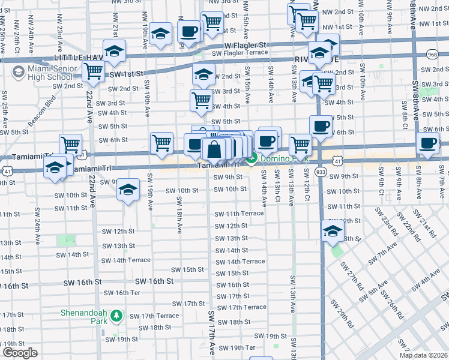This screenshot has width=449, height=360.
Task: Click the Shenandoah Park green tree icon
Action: pyautogui.click(x=118, y=316)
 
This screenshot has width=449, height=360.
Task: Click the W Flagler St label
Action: pyautogui.click(x=245, y=45)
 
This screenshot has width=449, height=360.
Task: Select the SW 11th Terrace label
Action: pyautogui.click(x=240, y=214)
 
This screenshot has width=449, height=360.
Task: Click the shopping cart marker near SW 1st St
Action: pyautogui.click(x=93, y=71)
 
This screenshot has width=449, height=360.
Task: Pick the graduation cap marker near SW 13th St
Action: pyautogui.click(x=333, y=230)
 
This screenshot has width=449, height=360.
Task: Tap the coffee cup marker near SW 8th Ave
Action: pyautogui.click(x=428, y=143)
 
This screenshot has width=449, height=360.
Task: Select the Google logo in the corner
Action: pyautogui.click(x=20, y=353)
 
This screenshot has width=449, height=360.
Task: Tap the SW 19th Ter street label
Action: pyautogui.click(x=237, y=347)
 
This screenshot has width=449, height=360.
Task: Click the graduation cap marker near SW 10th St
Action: pyautogui.click(x=128, y=190)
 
